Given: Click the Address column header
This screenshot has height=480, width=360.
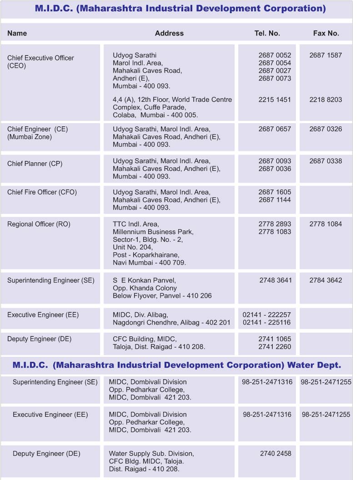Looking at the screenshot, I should click(169, 33).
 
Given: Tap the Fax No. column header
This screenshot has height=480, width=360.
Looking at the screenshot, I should click(326, 33).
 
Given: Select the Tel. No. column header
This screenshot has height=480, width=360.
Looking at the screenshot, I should click(267, 33).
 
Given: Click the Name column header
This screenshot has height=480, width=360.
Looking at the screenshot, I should click(17, 33).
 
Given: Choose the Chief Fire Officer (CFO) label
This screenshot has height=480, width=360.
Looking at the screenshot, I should click(42, 192).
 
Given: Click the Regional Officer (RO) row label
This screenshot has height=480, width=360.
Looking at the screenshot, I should click(39, 224).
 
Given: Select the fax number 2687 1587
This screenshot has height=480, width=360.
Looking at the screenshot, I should click(325, 55).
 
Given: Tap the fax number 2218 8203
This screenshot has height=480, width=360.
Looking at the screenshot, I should click(325, 100).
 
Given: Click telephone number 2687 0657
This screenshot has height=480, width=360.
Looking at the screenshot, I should click(275, 129).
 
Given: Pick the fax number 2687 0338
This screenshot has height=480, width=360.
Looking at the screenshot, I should click(325, 161).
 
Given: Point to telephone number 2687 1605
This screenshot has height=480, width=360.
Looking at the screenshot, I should click(275, 192).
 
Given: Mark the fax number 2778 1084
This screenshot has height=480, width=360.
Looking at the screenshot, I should click(325, 224).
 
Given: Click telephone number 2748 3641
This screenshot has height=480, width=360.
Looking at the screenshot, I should click(275, 280).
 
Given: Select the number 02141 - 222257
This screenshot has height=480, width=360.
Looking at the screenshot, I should click(267, 315).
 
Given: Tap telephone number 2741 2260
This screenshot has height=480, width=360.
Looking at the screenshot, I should click(275, 347).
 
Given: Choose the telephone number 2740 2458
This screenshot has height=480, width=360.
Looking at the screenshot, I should click(275, 454).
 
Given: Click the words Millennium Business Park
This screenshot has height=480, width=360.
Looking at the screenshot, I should click(153, 232).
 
